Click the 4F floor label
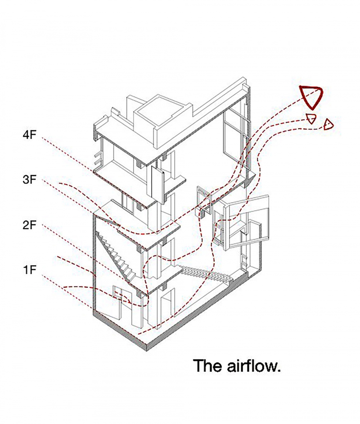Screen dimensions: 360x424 coord(30,135)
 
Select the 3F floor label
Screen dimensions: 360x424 coord(30,180)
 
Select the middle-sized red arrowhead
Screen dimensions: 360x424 coord(311,118)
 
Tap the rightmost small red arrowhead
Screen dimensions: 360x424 coord(328,124)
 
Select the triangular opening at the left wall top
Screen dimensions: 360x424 coord(108,220)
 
